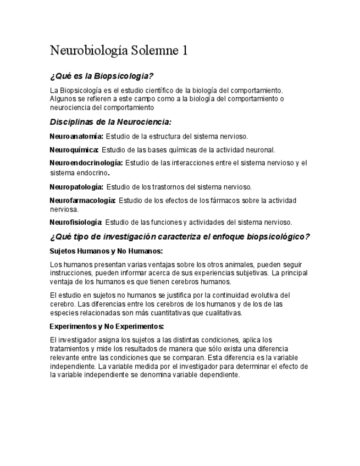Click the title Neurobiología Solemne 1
(119, 51)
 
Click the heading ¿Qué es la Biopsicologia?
(102, 76)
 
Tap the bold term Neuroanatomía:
(76, 136)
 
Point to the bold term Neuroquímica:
(74, 149)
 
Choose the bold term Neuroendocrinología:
(86, 163)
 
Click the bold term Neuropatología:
(76, 187)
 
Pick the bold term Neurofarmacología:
(82, 200)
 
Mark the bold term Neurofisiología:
(76, 223)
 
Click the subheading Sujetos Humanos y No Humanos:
(106, 251)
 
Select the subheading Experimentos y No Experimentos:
(107, 326)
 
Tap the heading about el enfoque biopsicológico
(180, 237)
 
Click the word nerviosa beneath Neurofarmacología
(64, 209)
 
